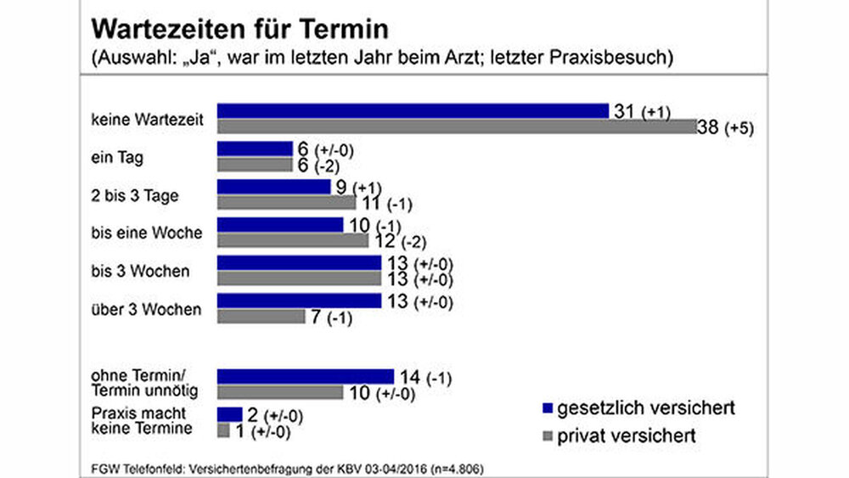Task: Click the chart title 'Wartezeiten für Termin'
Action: tap(239, 29)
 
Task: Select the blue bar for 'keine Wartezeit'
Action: tap(413, 111)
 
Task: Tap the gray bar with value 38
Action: tap(457, 127)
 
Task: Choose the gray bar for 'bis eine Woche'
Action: tap(293, 241)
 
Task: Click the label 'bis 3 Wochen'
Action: tap(139, 272)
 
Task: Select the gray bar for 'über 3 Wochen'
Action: tap(261, 317)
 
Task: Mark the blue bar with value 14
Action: tap(306, 376)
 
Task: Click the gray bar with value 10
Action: tap(280, 392)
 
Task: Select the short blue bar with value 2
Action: tap(229, 414)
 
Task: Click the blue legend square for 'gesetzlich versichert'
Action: tap(546, 408)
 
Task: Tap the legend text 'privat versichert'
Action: tap(626, 436)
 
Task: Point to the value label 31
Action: tap(625, 111)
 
